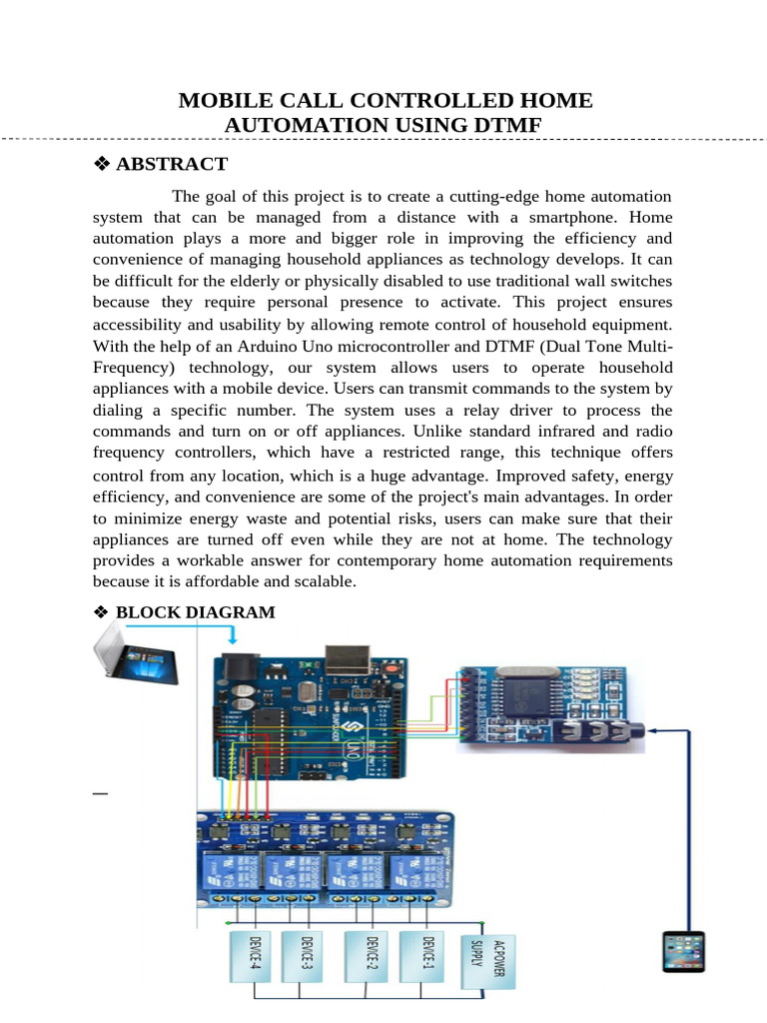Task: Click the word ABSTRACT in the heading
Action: point(172,164)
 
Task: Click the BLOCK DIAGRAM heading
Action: point(195,612)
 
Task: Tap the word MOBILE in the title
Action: point(220,101)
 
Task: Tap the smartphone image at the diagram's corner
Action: point(684,951)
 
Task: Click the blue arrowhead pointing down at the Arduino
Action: point(233,638)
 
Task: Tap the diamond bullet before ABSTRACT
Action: point(101,165)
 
